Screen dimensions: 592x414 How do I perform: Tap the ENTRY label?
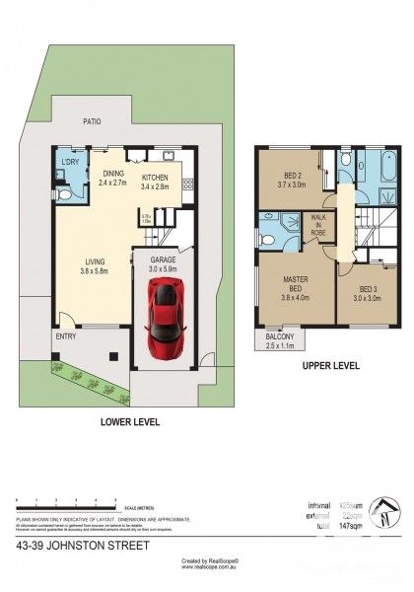coord(65,335)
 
